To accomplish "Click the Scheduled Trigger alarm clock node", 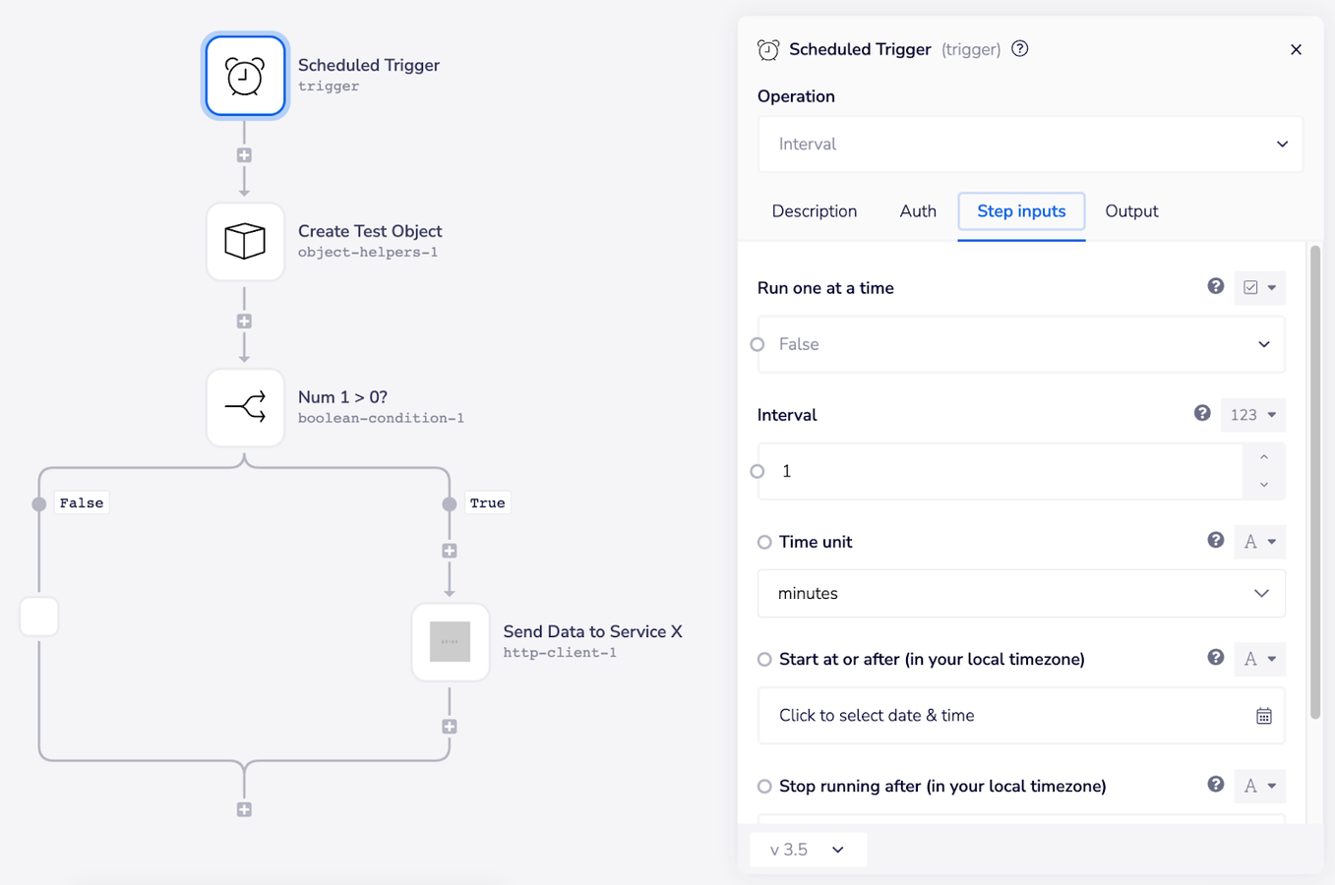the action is point(245,76).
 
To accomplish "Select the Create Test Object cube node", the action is point(245,242).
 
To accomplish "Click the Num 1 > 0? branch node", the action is point(245,408).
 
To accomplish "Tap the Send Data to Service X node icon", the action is point(450,642).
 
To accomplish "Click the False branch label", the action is point(81,503).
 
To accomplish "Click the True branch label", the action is point(487,503).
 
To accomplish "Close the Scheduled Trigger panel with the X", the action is point(1296,50).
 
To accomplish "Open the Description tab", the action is point(814,211).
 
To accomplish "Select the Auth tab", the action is point(917,211).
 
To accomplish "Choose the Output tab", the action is point(1131,211).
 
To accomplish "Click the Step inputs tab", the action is point(1021,211).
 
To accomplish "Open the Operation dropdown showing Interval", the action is point(1030,145).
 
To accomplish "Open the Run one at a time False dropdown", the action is point(1021,344).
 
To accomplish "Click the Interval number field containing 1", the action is point(1003,472).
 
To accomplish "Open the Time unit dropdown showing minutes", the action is point(1021,594).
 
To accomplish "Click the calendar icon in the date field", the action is point(1263,717).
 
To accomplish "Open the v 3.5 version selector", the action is point(808,850).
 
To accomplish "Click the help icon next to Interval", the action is point(1201,414).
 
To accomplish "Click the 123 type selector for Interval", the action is point(1252,415).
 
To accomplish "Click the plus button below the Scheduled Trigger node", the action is point(244,155).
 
